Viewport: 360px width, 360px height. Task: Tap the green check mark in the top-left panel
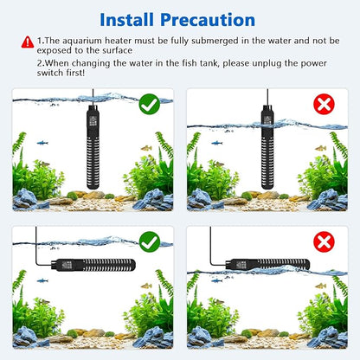(150, 105)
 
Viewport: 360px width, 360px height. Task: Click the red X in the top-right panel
(323, 105)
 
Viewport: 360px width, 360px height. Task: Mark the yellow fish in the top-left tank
(145, 149)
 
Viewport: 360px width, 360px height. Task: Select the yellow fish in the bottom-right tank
(320, 285)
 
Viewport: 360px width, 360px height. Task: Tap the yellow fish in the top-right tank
(320, 149)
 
